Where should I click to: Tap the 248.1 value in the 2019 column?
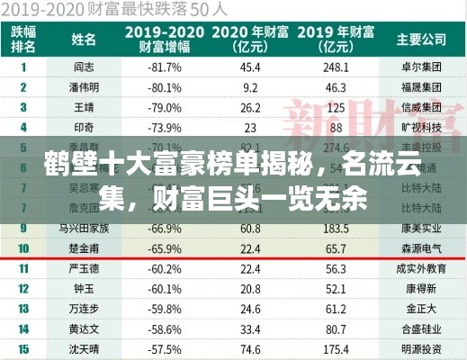point(336,67)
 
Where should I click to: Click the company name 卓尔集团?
point(420,67)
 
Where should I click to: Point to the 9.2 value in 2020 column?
point(250,87)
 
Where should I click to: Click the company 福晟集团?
point(420,87)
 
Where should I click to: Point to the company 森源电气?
point(420,247)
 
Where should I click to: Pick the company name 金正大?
point(420,309)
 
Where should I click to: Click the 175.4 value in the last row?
point(336,348)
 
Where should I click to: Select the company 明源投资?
point(420,348)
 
